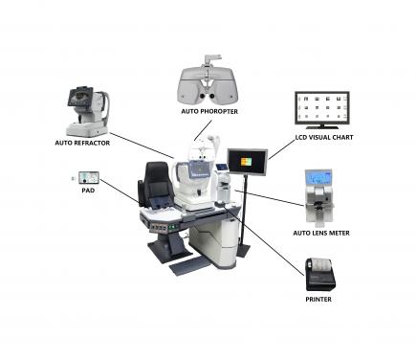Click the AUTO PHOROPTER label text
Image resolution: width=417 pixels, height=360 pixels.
click(x=209, y=111)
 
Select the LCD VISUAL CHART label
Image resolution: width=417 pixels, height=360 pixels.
click(x=322, y=136)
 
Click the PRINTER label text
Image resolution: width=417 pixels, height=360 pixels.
click(x=319, y=300)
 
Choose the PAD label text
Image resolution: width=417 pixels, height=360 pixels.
click(x=87, y=191)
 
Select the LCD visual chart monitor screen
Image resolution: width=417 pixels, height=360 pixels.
click(x=321, y=109)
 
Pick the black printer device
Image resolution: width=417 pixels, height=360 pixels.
click(x=319, y=274)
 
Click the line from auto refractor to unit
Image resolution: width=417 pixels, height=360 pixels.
click(x=143, y=145)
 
